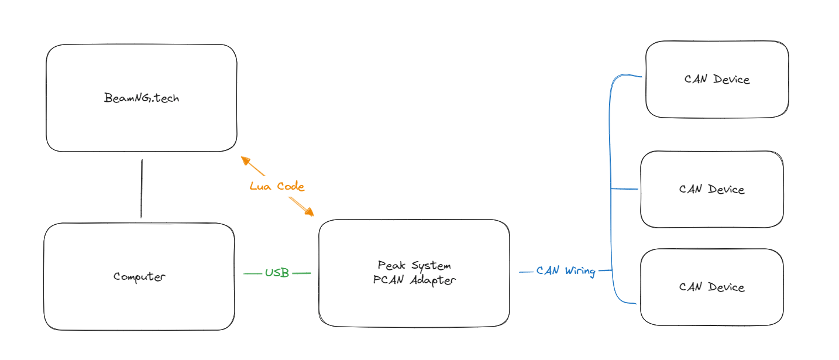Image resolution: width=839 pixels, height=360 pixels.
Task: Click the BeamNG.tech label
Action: point(142,98)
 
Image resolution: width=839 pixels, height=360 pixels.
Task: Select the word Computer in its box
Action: point(139,276)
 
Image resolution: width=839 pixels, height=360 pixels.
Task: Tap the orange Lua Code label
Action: point(277,187)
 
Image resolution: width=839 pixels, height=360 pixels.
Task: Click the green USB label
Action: point(277,273)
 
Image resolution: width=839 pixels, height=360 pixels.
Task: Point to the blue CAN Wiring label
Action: point(565,271)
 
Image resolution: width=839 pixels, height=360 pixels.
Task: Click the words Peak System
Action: point(414,265)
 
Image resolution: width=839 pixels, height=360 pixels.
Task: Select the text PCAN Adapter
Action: point(414,280)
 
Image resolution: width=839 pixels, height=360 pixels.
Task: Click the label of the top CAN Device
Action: point(717,79)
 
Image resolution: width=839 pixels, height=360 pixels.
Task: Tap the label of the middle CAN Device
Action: point(711,189)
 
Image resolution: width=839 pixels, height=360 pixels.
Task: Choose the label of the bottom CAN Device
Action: point(711,287)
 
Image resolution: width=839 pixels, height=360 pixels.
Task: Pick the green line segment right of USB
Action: point(301,273)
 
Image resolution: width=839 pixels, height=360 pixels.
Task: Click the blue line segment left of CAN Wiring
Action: point(526,272)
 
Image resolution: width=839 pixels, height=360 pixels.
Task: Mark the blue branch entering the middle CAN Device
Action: point(625,189)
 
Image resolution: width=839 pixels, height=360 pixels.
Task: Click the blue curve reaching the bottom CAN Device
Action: point(626,302)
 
